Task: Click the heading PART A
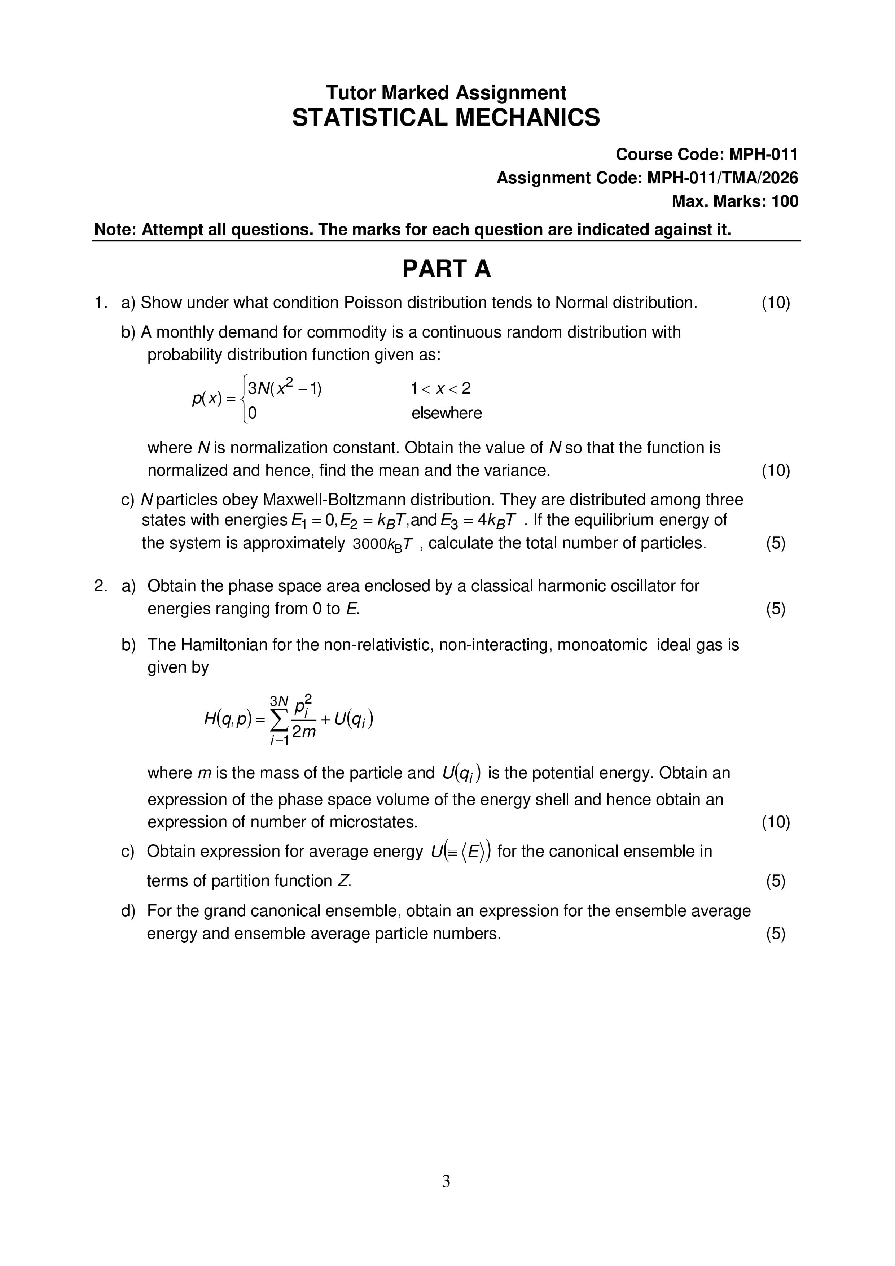coord(446,269)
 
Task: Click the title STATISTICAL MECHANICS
coord(446,117)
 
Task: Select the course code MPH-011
coord(763,155)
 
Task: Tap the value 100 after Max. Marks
coord(785,201)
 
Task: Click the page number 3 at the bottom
coord(446,1181)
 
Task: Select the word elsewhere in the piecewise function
coord(446,413)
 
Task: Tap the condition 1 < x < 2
coord(440,389)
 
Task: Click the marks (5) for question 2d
coord(775,934)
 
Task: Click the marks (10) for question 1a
coord(775,303)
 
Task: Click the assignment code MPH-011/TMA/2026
coord(722,178)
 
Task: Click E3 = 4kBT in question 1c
coord(478,521)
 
